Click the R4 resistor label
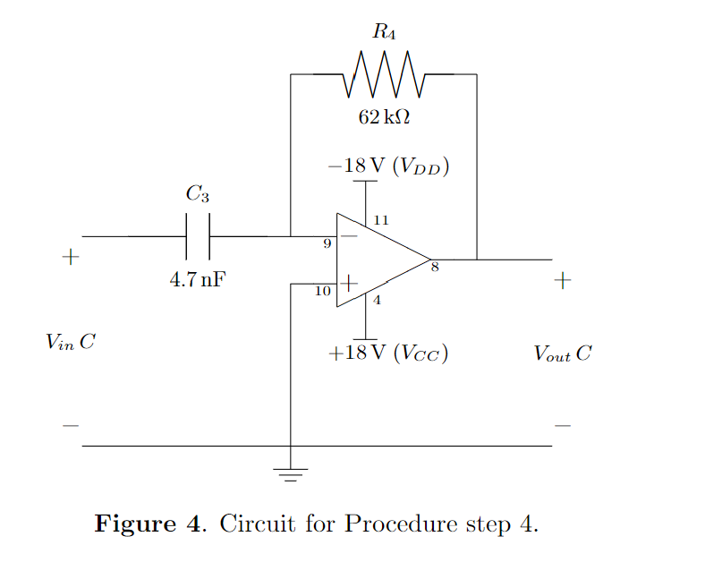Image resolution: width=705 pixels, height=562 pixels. point(384,34)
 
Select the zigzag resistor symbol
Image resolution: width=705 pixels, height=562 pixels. point(384,75)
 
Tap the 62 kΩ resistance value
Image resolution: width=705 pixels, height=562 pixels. point(385,117)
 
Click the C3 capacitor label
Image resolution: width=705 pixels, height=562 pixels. point(197,193)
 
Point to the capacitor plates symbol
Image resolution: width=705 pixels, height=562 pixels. point(198,236)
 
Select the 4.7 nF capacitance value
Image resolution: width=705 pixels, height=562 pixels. point(198,279)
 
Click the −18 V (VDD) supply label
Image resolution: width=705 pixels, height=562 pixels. point(388,166)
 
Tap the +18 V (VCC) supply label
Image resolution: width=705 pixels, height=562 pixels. point(388,353)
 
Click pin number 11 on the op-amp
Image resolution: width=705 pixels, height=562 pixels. point(380,220)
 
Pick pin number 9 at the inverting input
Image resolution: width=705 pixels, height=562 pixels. point(327,243)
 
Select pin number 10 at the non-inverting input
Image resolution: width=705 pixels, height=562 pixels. point(323,291)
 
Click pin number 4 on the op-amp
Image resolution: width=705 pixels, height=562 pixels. point(377,301)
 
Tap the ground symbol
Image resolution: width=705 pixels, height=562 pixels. point(290,473)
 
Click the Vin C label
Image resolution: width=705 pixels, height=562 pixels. point(71,342)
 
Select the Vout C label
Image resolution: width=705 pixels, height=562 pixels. point(562,353)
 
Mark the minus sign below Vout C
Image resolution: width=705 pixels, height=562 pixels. point(562,426)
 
